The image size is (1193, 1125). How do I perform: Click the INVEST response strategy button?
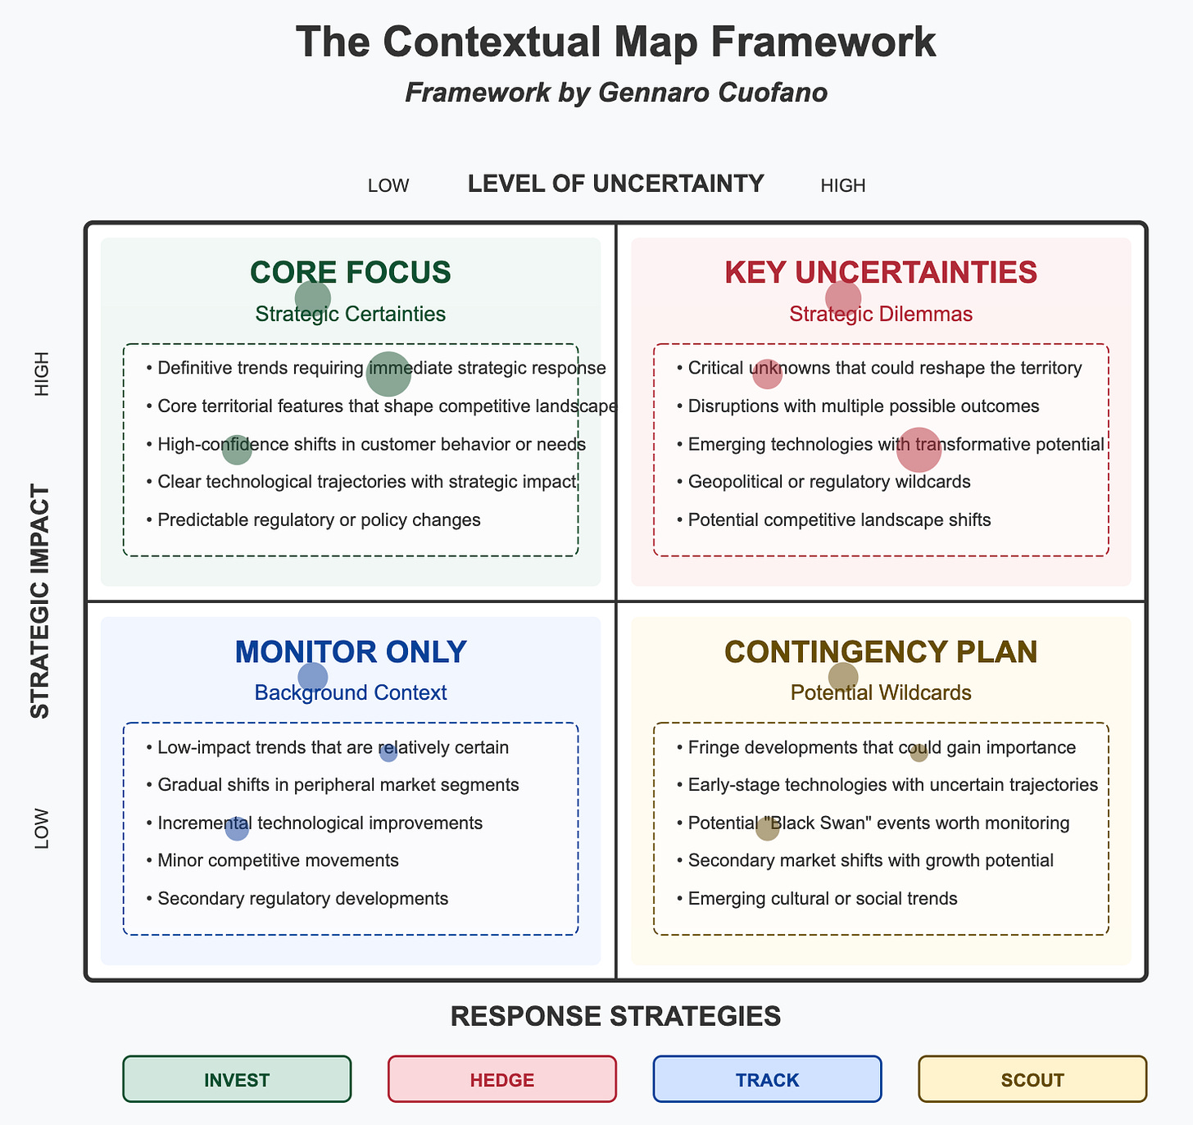tap(237, 1079)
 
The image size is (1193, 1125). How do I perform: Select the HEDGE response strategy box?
tap(501, 1079)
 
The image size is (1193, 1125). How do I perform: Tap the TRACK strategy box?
tap(767, 1079)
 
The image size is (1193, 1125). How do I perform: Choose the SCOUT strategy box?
tap(1032, 1079)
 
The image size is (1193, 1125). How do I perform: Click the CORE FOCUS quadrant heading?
tap(351, 272)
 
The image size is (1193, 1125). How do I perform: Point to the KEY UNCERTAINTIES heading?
tap(881, 272)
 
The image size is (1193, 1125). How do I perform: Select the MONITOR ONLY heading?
tap(351, 651)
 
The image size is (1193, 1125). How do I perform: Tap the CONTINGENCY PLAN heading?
tap(881, 651)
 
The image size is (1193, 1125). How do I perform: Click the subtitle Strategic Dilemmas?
tap(881, 314)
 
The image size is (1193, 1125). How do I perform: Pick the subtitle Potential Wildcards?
tap(881, 692)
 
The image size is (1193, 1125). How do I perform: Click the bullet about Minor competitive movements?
tap(278, 860)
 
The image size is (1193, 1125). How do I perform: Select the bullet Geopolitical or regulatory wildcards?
tap(829, 482)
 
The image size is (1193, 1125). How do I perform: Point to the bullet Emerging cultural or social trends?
tap(823, 899)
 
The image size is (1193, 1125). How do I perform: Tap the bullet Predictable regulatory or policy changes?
tap(319, 519)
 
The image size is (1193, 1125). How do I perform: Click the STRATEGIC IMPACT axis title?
tap(40, 601)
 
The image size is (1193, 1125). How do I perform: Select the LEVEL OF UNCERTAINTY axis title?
tap(615, 184)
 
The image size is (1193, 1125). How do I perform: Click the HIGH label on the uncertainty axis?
tap(843, 186)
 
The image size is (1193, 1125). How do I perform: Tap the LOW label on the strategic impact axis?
tap(42, 828)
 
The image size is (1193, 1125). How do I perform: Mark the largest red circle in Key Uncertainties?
tap(919, 450)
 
